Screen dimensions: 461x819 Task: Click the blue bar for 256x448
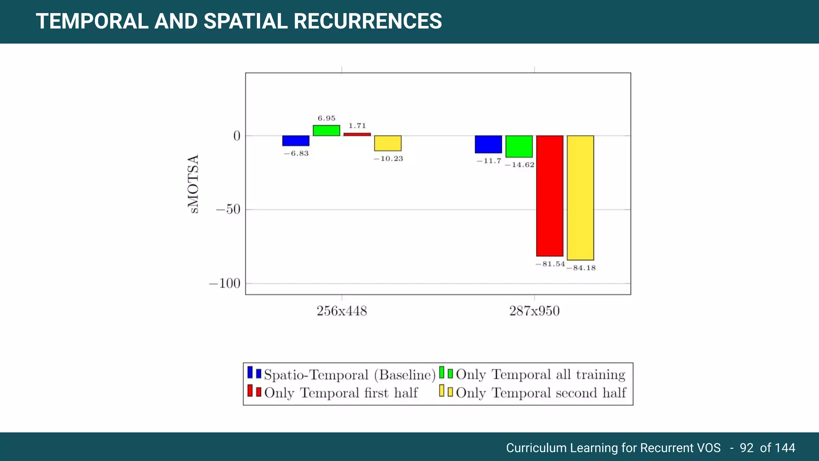296,140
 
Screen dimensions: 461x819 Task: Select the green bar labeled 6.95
326,130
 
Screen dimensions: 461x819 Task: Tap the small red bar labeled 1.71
357,134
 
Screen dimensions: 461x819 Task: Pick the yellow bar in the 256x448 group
388,143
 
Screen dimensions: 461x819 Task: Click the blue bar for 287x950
488,144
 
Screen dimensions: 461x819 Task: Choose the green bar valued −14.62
519,146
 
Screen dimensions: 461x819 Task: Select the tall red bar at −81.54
549,196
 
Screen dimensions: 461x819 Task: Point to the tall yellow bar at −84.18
580,198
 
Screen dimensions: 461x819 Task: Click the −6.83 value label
296,154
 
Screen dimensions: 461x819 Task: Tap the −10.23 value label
388,159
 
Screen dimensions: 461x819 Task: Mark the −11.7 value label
489,161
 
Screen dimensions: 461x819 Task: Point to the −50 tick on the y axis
228,209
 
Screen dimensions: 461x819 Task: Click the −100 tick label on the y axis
224,283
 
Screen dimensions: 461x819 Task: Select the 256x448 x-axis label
342,311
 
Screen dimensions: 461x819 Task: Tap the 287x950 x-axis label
534,311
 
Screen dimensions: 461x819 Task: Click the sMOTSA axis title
193,184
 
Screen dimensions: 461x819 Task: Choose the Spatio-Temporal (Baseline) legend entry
349,375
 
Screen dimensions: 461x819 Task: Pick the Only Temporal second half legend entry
540,393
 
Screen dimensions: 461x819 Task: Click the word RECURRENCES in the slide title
368,21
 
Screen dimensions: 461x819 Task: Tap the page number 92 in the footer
746,447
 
